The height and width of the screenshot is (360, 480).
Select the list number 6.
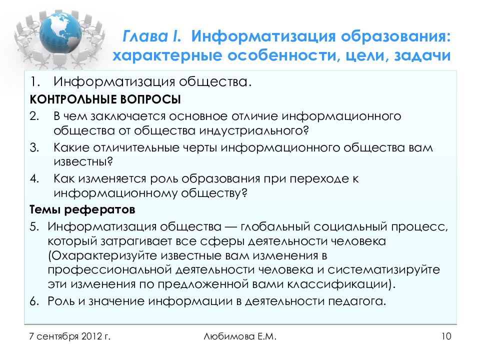point(33,301)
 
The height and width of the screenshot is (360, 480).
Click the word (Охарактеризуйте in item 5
point(102,255)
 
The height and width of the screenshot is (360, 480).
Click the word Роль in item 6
point(61,301)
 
